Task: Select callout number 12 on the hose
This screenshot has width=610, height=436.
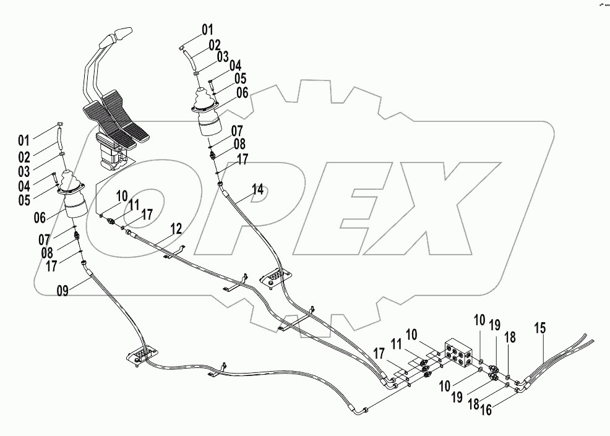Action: (x=176, y=229)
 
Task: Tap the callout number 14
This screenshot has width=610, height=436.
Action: (x=257, y=190)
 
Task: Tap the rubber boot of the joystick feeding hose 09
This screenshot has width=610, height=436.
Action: (x=73, y=186)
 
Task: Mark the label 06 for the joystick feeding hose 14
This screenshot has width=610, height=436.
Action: (x=241, y=93)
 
